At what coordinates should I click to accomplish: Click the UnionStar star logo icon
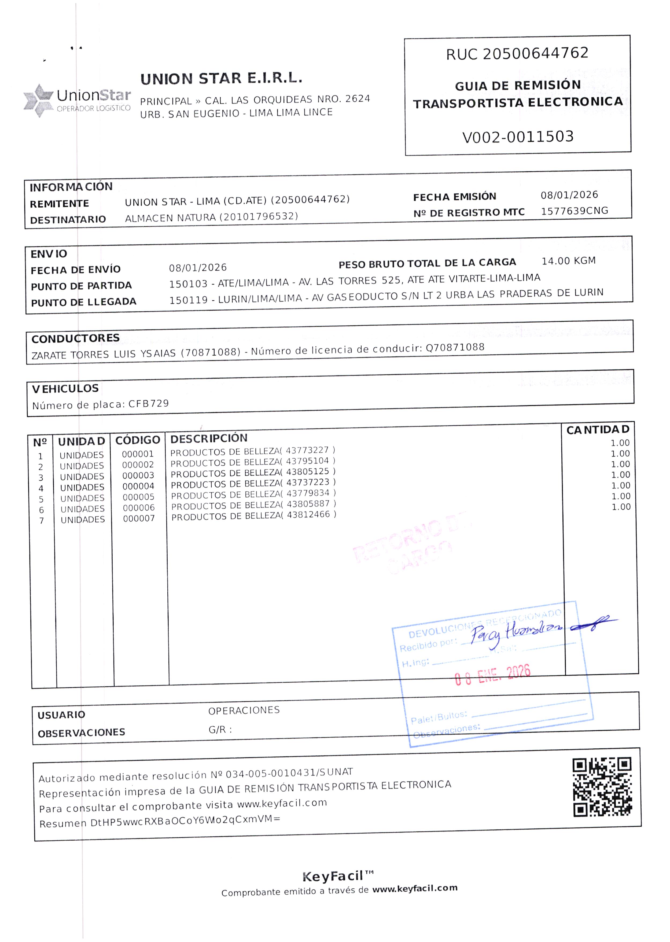tap(38, 100)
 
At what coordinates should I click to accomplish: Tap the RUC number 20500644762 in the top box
tap(536, 53)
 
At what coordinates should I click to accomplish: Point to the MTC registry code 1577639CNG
tap(574, 211)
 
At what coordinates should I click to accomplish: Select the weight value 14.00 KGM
tap(569, 261)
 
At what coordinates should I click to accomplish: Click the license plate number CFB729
tap(149, 403)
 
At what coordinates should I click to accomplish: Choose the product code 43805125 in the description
tap(307, 471)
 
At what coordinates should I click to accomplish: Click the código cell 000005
tap(138, 497)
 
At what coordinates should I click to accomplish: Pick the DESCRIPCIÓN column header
tap(209, 438)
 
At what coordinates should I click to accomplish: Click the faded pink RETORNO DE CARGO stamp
tap(408, 543)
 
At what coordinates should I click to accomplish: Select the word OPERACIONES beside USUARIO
tap(244, 710)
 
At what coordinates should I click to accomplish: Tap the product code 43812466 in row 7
tap(308, 514)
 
